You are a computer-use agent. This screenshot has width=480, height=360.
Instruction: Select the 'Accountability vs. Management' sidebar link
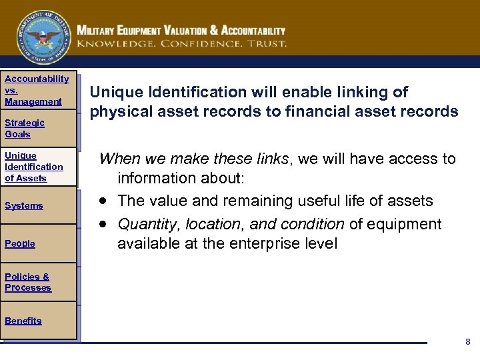[37, 90]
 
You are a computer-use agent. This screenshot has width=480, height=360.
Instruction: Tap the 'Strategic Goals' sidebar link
[25, 128]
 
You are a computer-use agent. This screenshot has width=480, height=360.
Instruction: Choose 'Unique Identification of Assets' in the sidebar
[34, 167]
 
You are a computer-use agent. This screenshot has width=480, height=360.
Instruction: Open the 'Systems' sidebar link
[24, 205]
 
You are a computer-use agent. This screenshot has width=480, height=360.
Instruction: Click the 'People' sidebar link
[20, 243]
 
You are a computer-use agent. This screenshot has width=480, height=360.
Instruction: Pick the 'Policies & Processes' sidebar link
[28, 282]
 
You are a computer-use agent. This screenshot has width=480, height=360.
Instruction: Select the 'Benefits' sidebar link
[23, 321]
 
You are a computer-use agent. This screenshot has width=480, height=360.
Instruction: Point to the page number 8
[467, 341]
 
